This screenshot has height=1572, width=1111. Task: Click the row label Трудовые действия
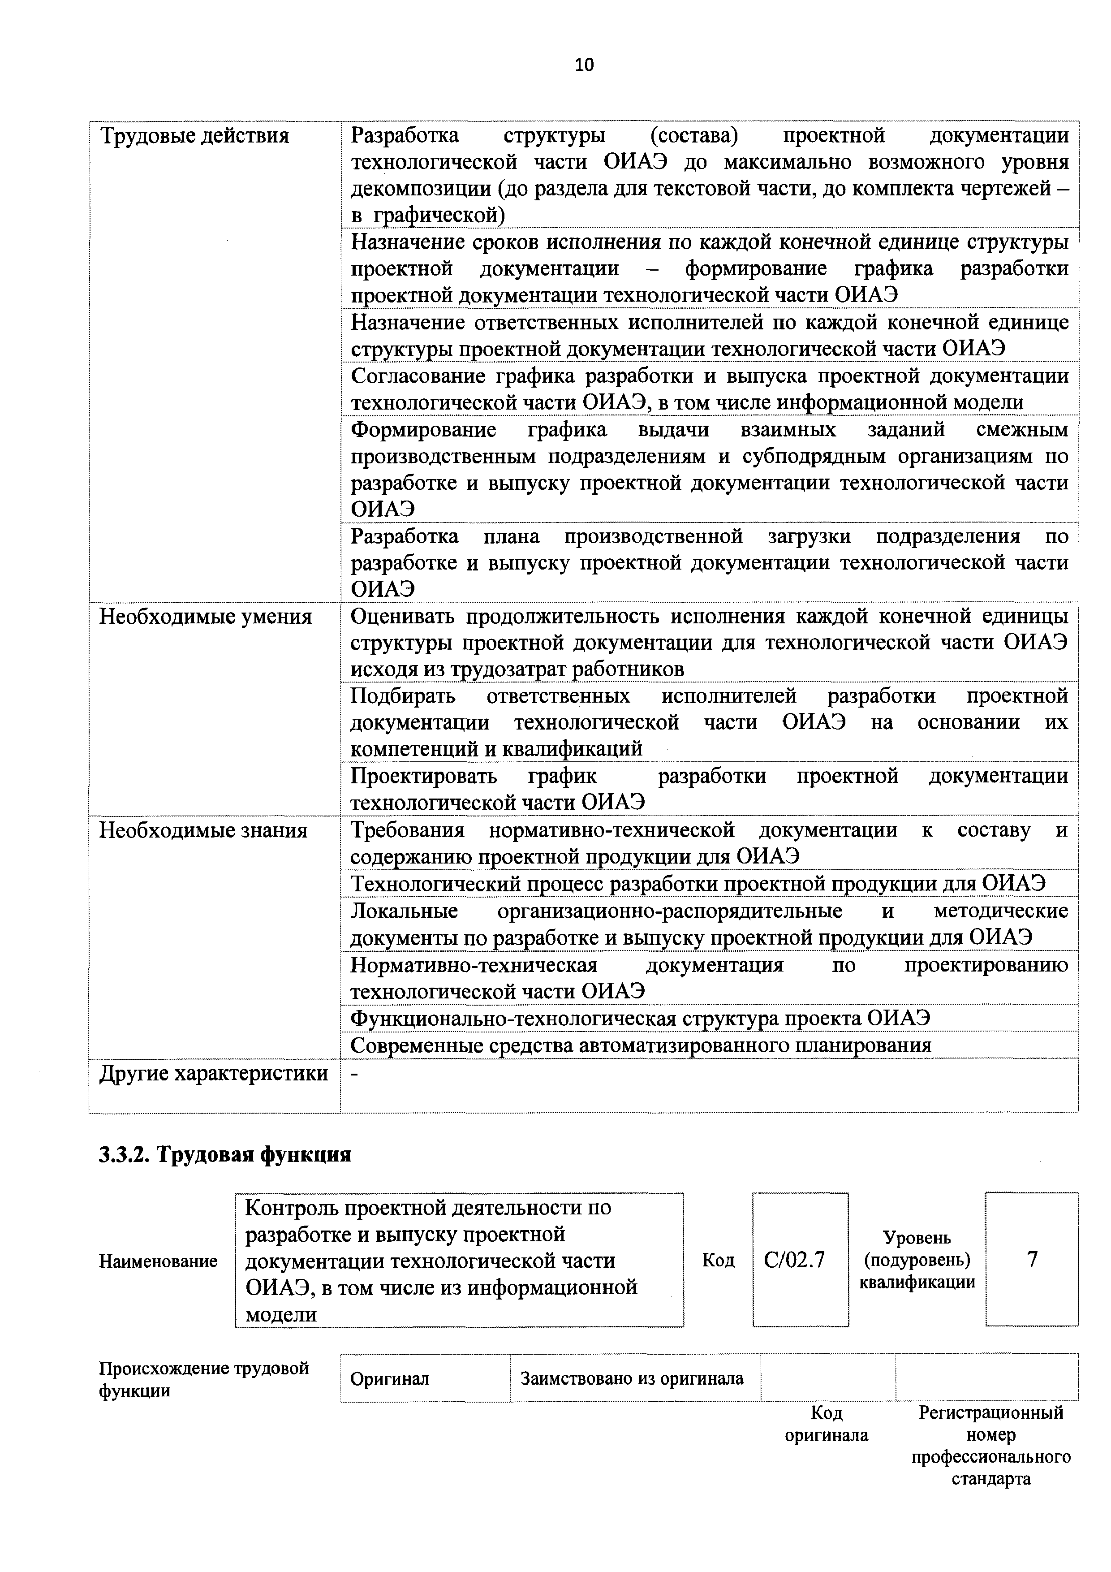pos(195,136)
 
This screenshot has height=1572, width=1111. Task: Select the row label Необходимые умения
pos(205,617)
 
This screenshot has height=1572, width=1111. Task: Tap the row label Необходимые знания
pos(203,830)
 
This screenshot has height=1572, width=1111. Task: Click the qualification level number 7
pos(1032,1259)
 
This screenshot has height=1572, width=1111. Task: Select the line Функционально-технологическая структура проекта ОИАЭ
pos(640,1019)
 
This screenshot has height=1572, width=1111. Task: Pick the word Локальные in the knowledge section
pos(404,911)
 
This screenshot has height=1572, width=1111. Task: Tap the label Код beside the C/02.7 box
pos(718,1260)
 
